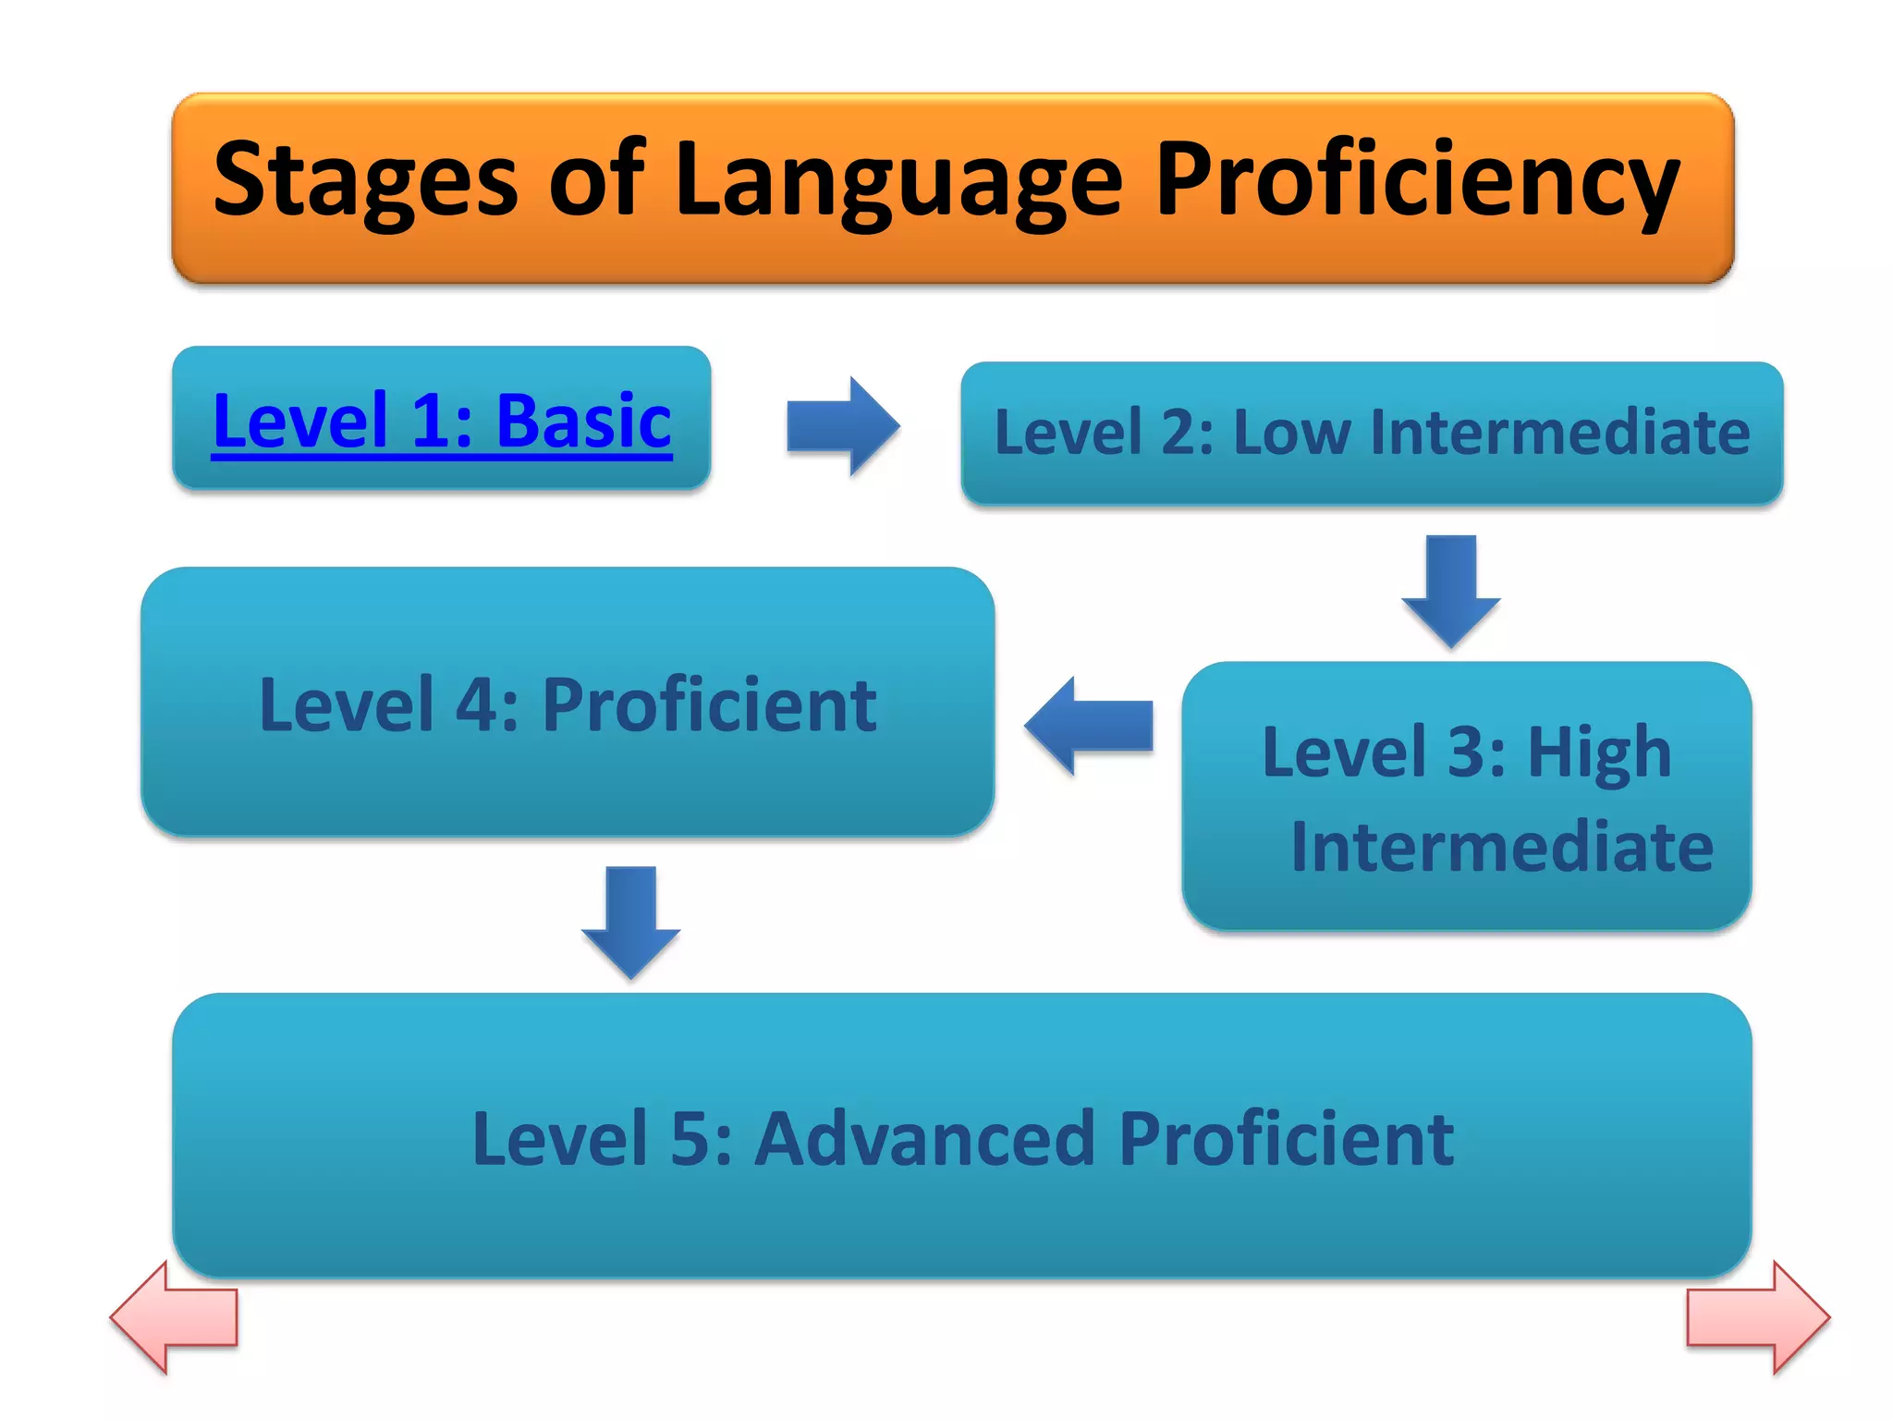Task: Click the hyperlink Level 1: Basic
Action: [x=442, y=422]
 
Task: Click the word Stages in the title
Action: [x=365, y=180]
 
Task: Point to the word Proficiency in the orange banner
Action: [x=1417, y=180]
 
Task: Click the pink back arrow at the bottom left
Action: [x=174, y=1317]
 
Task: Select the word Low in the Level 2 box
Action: [x=1291, y=433]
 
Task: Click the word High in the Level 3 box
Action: [x=1599, y=753]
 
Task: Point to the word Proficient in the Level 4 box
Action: [x=709, y=705]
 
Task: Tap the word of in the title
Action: [x=596, y=180]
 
